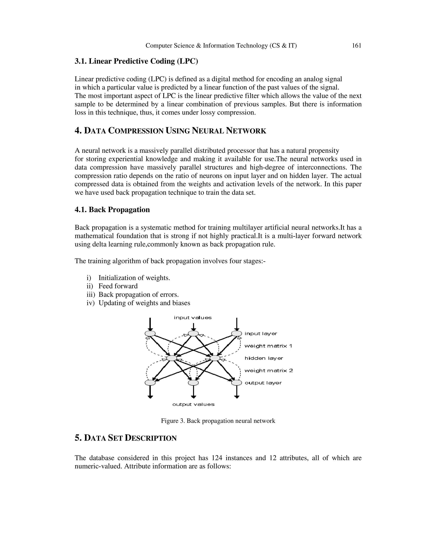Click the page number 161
pos(356,46)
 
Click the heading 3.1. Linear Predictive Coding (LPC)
pos(136,61)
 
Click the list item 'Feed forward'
pos(118,286)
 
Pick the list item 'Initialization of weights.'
pos(134,278)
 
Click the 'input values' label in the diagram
pos(193,318)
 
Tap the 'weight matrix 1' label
pos(268,346)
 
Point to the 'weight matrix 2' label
pos(269,370)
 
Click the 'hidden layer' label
pos(264,358)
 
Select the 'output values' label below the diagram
pos(193,404)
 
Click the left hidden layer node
pos(172,358)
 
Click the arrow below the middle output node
pos(193,392)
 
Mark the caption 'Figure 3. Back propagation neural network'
pos(218,421)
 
